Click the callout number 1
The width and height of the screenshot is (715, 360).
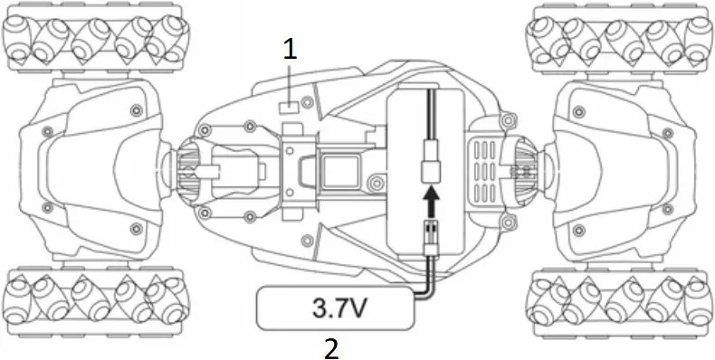click(290, 50)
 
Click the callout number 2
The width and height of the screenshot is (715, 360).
click(332, 349)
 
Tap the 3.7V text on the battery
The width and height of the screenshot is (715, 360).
click(340, 308)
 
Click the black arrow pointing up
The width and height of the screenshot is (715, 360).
click(431, 202)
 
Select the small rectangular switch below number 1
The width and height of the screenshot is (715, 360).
click(289, 108)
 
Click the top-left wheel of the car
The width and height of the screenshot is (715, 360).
click(95, 38)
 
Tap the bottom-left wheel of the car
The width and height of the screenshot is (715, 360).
click(95, 302)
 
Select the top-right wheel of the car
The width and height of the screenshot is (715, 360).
click(619, 38)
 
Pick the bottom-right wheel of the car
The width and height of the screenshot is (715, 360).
click(619, 302)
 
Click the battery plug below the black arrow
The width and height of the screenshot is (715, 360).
click(431, 238)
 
